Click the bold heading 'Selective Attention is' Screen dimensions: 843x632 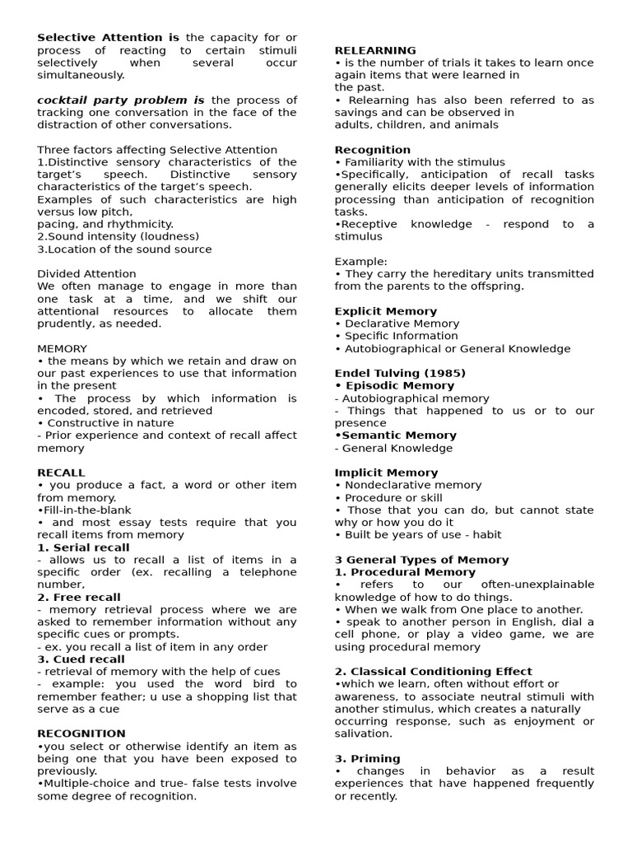coord(108,38)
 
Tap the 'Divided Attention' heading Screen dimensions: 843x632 coord(87,273)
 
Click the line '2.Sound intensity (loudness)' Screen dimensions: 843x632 coord(118,236)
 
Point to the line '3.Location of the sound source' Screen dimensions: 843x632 coord(124,249)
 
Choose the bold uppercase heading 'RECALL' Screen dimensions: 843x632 coord(61,473)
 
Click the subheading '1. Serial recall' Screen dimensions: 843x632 coord(83,547)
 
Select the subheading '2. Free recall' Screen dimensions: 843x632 coord(79,597)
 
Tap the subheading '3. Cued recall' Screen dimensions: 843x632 coord(81,659)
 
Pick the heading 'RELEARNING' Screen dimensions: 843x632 coord(375,50)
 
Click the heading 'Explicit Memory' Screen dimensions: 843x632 coord(386,311)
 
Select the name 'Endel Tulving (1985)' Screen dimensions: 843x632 coord(400,373)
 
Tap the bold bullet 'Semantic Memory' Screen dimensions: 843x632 coord(396,435)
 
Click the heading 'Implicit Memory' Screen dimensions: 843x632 coord(386,473)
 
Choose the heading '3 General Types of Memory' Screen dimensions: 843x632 coord(421,560)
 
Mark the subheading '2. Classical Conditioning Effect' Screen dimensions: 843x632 coord(433,671)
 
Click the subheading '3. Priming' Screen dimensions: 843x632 coord(367,758)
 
